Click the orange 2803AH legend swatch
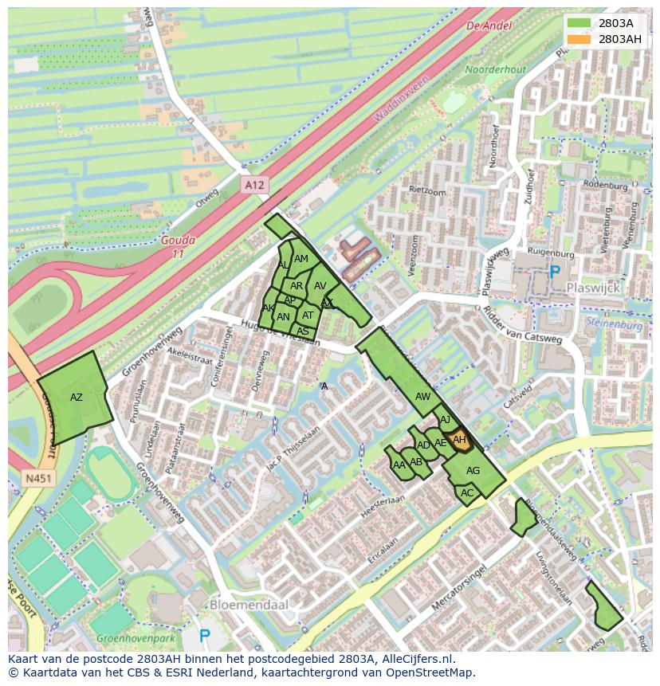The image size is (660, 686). (x=580, y=39)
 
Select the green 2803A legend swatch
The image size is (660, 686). (x=580, y=23)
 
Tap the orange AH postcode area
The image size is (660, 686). (x=460, y=440)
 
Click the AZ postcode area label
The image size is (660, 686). (x=77, y=397)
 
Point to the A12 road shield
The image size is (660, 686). (x=253, y=185)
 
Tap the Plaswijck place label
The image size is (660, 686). (x=592, y=288)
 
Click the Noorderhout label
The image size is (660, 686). (x=495, y=69)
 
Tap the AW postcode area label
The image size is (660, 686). (x=422, y=396)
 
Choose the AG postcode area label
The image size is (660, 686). (x=473, y=471)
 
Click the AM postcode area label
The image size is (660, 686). (x=301, y=259)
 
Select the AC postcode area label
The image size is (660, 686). (x=467, y=493)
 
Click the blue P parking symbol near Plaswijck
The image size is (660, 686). (x=555, y=271)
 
